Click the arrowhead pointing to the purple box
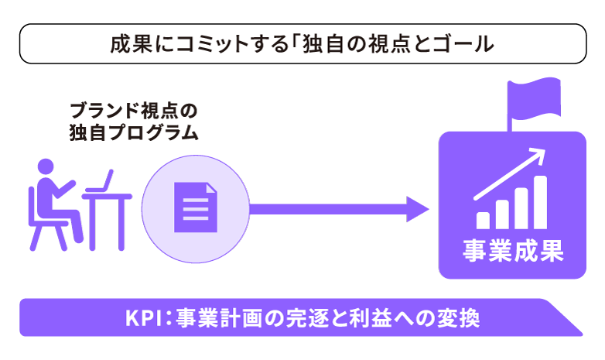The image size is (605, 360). (419, 207)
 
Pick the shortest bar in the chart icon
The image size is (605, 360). (484, 220)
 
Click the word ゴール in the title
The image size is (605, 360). (456, 44)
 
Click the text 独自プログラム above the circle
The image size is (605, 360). (132, 132)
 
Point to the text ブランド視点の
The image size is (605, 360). (134, 109)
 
